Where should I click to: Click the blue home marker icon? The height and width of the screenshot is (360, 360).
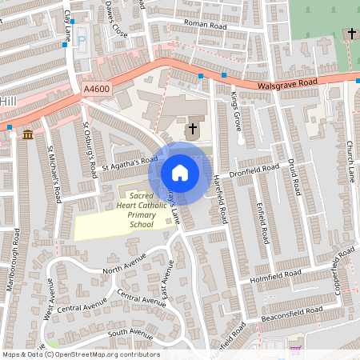pos(180,172)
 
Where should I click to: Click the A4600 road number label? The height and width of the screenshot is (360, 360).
pos(95,90)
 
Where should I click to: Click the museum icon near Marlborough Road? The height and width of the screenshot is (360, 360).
pos(28,134)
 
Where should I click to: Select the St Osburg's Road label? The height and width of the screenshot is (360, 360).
pos(90,149)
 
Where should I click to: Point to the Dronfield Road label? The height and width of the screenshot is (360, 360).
pos(254,170)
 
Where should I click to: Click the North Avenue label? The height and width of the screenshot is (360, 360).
pos(124,266)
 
